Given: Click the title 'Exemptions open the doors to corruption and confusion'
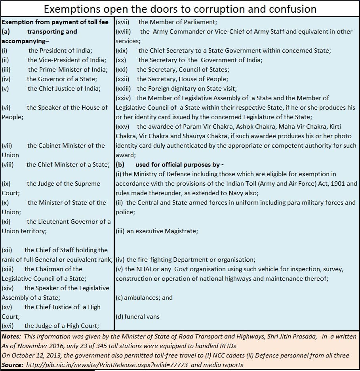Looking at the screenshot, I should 180,9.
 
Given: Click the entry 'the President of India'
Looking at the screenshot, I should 60,51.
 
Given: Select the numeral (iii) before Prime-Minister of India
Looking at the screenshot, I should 6,70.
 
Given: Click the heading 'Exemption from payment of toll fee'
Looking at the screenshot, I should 55,22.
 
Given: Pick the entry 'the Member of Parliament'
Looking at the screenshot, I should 177,22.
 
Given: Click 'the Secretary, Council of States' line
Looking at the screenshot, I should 183,70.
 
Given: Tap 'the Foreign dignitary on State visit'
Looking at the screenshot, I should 187,89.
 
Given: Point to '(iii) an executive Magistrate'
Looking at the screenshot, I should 157,231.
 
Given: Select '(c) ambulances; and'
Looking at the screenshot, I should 144,298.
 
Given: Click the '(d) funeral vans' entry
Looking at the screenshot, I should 137,317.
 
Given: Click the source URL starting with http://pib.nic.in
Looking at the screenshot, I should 107,365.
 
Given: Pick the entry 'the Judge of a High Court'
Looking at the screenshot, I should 61,326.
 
